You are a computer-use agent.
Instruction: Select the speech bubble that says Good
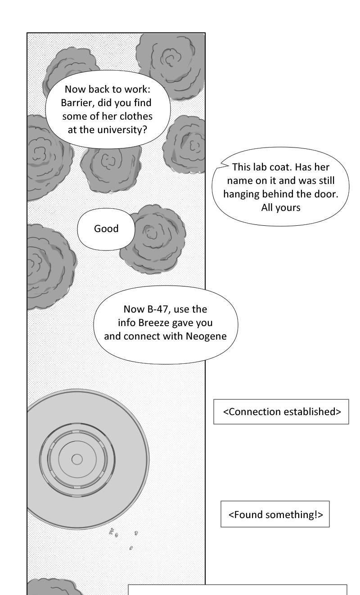106,228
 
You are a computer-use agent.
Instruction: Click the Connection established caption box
281,412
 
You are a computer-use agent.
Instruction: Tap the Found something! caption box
275,514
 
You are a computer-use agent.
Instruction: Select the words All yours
280,208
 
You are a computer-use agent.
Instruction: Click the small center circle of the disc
77,459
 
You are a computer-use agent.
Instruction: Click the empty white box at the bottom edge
238,590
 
